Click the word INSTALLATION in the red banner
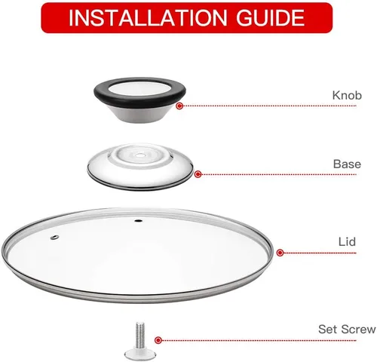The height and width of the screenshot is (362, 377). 148,17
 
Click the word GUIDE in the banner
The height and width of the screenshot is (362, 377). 271,17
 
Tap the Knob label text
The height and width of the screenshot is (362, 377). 347,95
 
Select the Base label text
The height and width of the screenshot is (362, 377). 347,164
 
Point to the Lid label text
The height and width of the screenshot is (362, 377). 347,241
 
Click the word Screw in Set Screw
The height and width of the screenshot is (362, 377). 359,329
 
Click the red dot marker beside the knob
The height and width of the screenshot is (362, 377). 179,106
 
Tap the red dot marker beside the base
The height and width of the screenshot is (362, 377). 198,174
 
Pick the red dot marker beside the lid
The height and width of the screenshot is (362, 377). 280,253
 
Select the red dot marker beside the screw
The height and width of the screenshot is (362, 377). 158,340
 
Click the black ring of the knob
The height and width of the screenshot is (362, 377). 139,102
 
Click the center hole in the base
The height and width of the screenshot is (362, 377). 139,155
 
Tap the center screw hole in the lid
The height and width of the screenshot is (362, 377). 138,221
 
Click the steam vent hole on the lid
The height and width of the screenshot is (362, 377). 54,238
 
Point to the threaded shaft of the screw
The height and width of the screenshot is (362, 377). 140,335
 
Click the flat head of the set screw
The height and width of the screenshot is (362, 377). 140,354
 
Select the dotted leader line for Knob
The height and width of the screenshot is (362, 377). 269,106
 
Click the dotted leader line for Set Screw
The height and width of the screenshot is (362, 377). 259,340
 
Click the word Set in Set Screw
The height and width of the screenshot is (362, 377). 328,329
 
